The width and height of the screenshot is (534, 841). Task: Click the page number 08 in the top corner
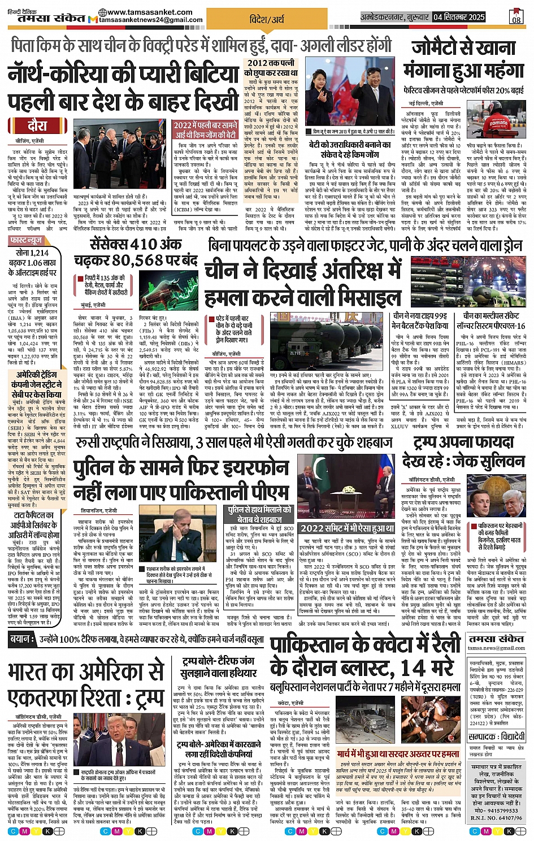[516, 18]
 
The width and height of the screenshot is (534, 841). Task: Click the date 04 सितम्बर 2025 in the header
[459, 17]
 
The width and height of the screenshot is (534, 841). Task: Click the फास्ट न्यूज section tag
[26, 241]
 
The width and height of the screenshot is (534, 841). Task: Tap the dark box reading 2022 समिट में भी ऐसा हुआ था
[347, 528]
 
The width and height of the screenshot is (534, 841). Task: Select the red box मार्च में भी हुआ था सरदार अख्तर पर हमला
[398, 754]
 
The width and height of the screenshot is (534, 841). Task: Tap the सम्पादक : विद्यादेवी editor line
[497, 737]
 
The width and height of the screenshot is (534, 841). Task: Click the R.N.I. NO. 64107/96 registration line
[496, 817]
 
